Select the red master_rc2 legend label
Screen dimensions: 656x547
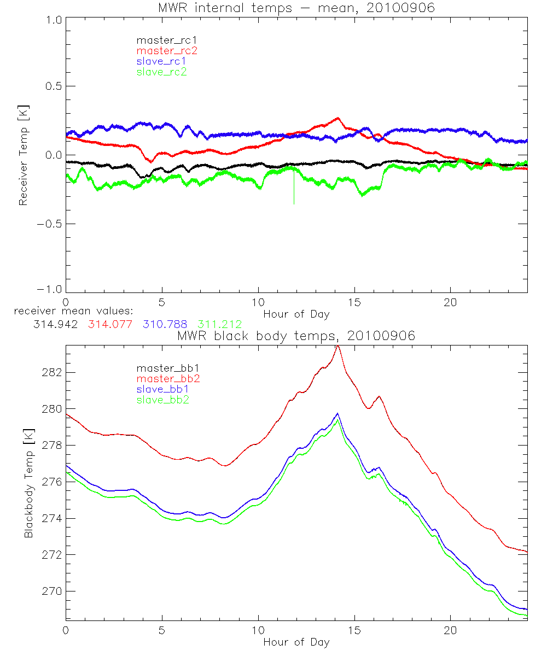167,50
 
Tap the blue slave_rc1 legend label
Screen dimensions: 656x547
161,61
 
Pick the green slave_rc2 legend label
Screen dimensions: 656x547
161,72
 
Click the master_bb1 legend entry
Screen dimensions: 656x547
166,368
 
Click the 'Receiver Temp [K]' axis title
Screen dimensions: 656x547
23,155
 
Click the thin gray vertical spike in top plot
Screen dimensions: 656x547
294,189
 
